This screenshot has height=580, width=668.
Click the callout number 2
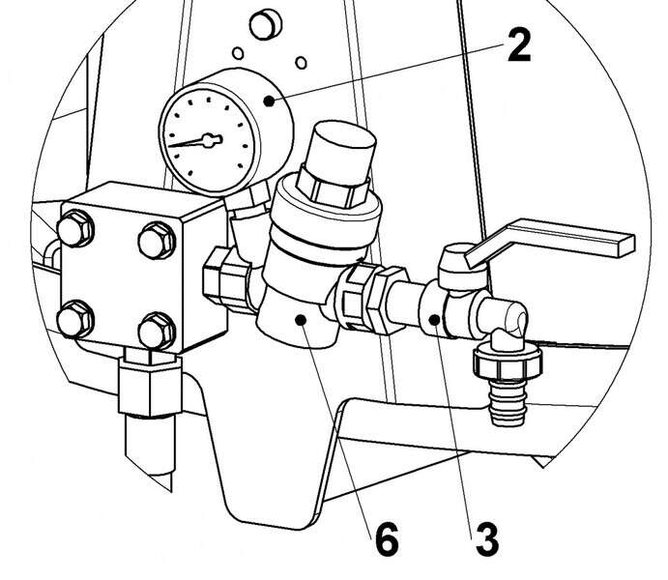coord(519,45)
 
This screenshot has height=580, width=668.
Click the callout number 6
coord(387,538)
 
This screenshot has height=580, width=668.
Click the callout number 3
coord(486,539)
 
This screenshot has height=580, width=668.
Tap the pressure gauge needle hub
coord(210,140)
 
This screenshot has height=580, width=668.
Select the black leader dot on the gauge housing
coord(269,101)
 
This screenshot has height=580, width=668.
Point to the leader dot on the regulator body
coord(301,319)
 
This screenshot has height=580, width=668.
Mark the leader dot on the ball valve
coord(435,319)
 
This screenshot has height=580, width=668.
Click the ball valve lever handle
coord(549,242)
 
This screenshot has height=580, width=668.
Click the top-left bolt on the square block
coord(75,229)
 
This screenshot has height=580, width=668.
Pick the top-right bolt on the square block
coord(157,241)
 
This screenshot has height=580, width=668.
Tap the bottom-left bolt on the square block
coord(75,319)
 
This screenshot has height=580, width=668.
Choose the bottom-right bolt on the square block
coord(157,332)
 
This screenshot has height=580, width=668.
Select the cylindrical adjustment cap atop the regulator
coord(336,163)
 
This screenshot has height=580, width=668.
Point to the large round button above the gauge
coord(265,25)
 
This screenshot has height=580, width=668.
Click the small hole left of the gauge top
coord(238,53)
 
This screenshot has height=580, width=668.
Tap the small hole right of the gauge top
coord(302,63)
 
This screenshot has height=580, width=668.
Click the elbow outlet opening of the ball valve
coord(517,318)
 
